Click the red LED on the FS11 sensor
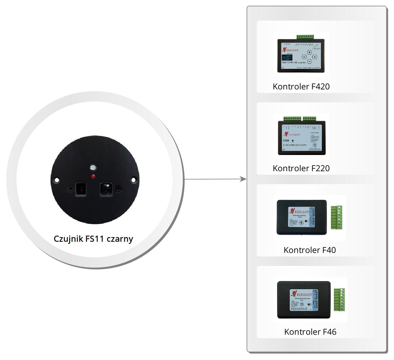click(93, 176)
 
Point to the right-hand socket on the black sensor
click(106, 189)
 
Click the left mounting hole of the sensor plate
click(57, 180)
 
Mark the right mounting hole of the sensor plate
click(133, 179)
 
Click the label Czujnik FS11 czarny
click(93, 239)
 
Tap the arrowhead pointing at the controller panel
click(243, 179)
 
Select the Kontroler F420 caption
click(301, 86)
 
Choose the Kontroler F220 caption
click(301, 168)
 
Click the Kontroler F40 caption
click(309, 250)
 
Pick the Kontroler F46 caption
click(310, 332)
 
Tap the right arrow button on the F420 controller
click(314, 57)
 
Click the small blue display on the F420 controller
click(287, 57)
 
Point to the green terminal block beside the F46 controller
click(339, 300)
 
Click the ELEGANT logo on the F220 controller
click(292, 134)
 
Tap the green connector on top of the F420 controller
click(305, 37)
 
